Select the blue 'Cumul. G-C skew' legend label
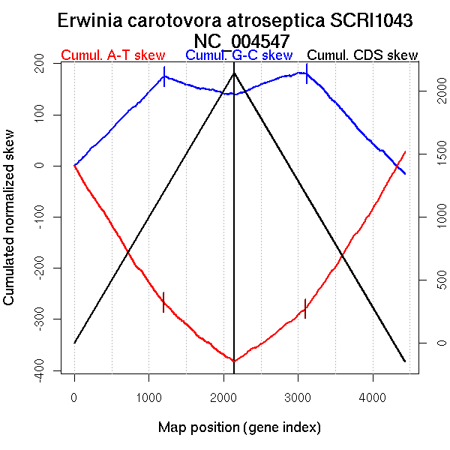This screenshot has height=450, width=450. click(x=238, y=56)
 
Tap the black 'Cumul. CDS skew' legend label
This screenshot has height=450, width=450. click(x=363, y=56)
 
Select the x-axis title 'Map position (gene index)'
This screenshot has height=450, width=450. click(x=239, y=427)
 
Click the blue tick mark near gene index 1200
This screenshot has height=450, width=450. click(x=164, y=76)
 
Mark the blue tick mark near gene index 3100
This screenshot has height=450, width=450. click(x=306, y=73)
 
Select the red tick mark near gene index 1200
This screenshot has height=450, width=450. click(x=163, y=302)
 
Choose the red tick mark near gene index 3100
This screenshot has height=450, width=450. click(x=305, y=308)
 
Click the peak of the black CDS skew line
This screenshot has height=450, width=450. click(x=234, y=73)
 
